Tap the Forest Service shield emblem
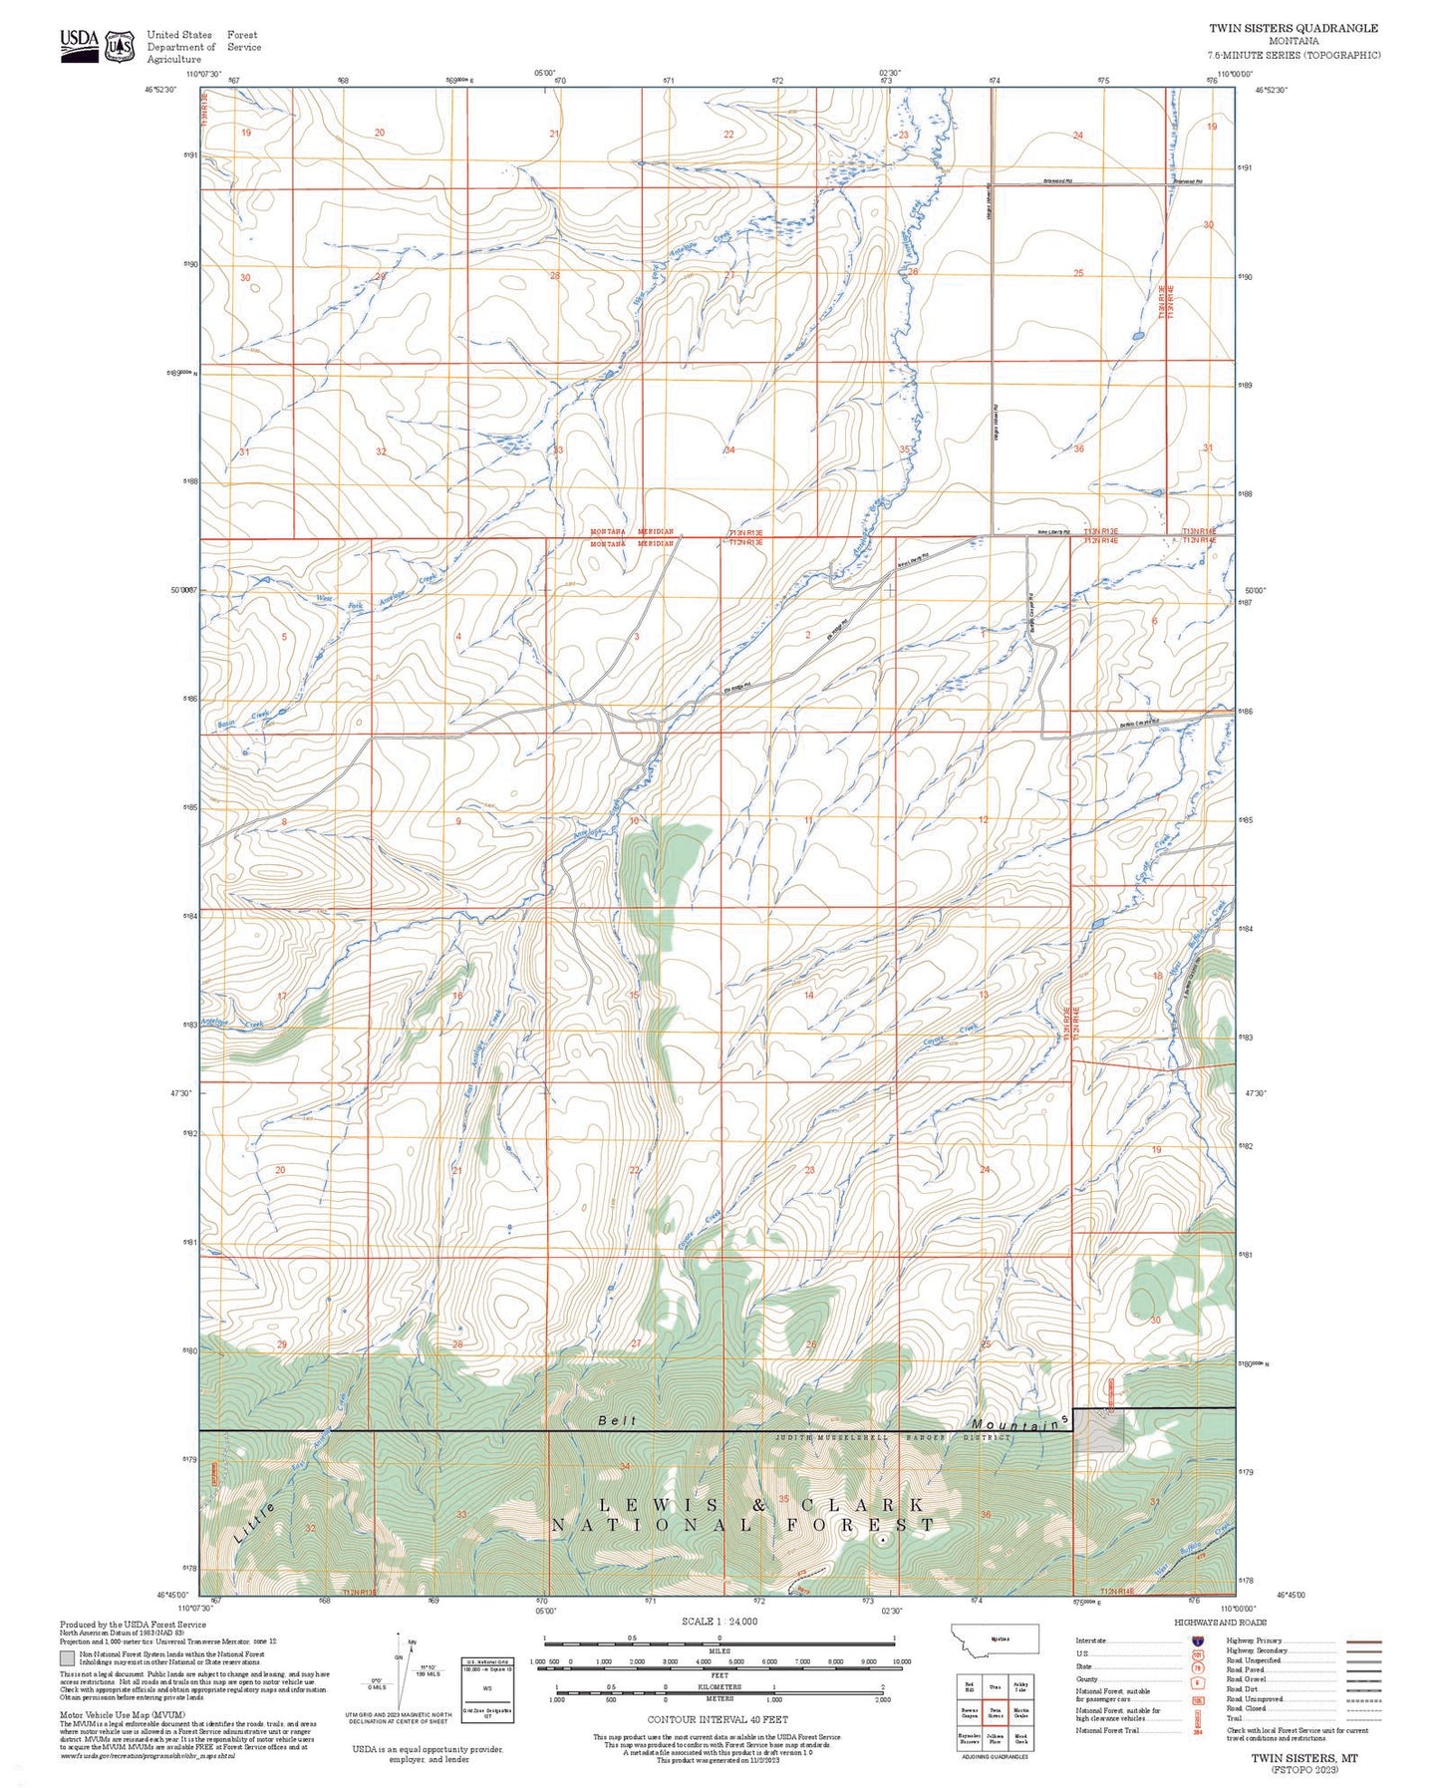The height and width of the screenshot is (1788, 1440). click(122, 46)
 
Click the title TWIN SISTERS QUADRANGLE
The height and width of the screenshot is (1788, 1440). click(1294, 28)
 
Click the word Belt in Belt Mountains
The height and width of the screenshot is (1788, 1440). click(617, 1420)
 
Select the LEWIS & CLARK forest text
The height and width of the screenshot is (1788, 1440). click(760, 1504)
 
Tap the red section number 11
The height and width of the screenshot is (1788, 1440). click(808, 820)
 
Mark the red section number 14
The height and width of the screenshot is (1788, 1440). click(808, 995)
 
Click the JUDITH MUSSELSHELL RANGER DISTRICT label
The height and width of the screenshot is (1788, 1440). click(893, 1437)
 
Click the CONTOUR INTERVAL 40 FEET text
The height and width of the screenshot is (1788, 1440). click(718, 1719)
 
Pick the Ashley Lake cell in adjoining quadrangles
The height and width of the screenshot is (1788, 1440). click(1020, 1686)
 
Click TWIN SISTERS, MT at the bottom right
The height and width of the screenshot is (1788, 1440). click(1303, 1758)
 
